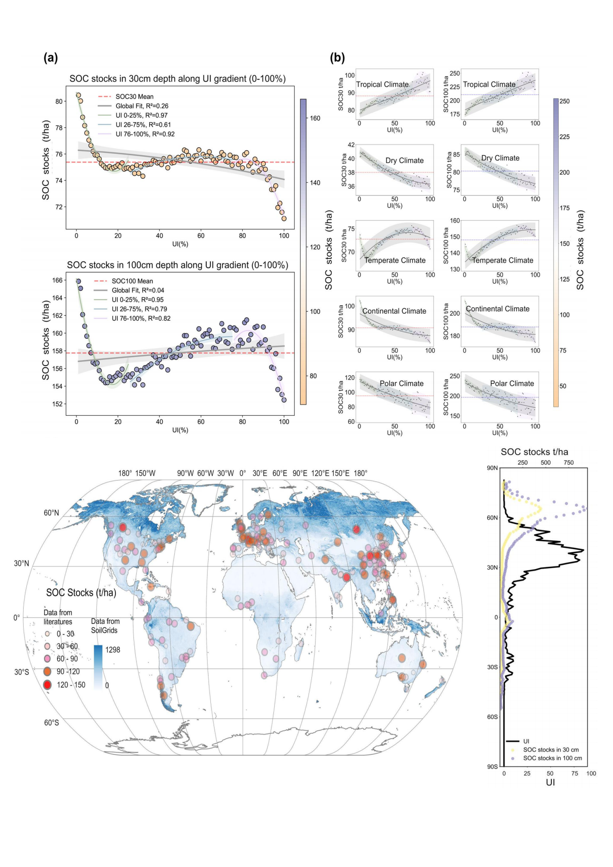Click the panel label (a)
(x=51, y=58)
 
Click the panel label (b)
(x=337, y=58)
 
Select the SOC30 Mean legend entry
(x=134, y=97)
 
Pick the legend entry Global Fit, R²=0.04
(x=138, y=291)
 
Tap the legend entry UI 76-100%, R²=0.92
(x=145, y=134)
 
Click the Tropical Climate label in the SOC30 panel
(x=382, y=84)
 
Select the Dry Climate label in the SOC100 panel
(x=500, y=158)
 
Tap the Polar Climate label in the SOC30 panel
(x=401, y=383)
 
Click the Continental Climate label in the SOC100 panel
(x=497, y=309)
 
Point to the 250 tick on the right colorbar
(x=564, y=101)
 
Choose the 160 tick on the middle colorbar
(x=315, y=118)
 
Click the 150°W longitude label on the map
(x=145, y=473)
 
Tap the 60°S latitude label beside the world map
(x=51, y=722)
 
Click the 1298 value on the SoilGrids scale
(x=113, y=650)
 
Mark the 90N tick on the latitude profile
(x=492, y=468)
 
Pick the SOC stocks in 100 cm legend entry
(x=552, y=758)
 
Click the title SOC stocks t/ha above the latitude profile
(x=534, y=452)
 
